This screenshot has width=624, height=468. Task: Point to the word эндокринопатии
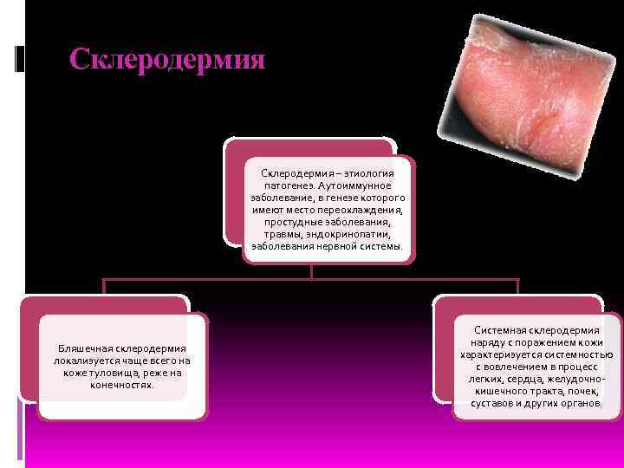[x=357, y=234]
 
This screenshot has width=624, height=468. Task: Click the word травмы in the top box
[x=281, y=234]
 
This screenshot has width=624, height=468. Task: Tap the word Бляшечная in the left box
[x=84, y=348]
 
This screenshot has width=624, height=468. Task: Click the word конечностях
[x=122, y=384]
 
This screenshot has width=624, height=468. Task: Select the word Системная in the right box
[x=503, y=330]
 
